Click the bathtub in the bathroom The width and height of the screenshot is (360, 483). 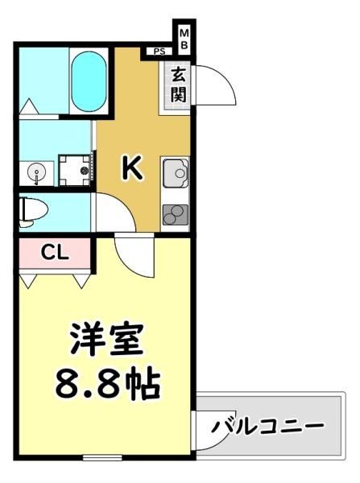point(89,80)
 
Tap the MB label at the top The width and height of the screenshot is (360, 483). point(184,39)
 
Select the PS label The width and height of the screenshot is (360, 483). point(159,52)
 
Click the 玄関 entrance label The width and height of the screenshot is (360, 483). point(179,85)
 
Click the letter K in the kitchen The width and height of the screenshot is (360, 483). point(132,167)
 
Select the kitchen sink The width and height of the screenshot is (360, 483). point(176,173)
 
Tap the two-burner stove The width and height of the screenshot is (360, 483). point(176,215)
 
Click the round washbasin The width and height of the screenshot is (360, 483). point(36,172)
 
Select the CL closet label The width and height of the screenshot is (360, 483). point(54,254)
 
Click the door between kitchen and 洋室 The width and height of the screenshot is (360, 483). point(134,254)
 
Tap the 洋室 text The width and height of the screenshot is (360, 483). point(107,339)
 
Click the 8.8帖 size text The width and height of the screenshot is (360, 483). point(108,383)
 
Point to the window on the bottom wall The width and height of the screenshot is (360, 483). point(102,458)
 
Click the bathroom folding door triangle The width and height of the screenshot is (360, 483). point(29,106)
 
